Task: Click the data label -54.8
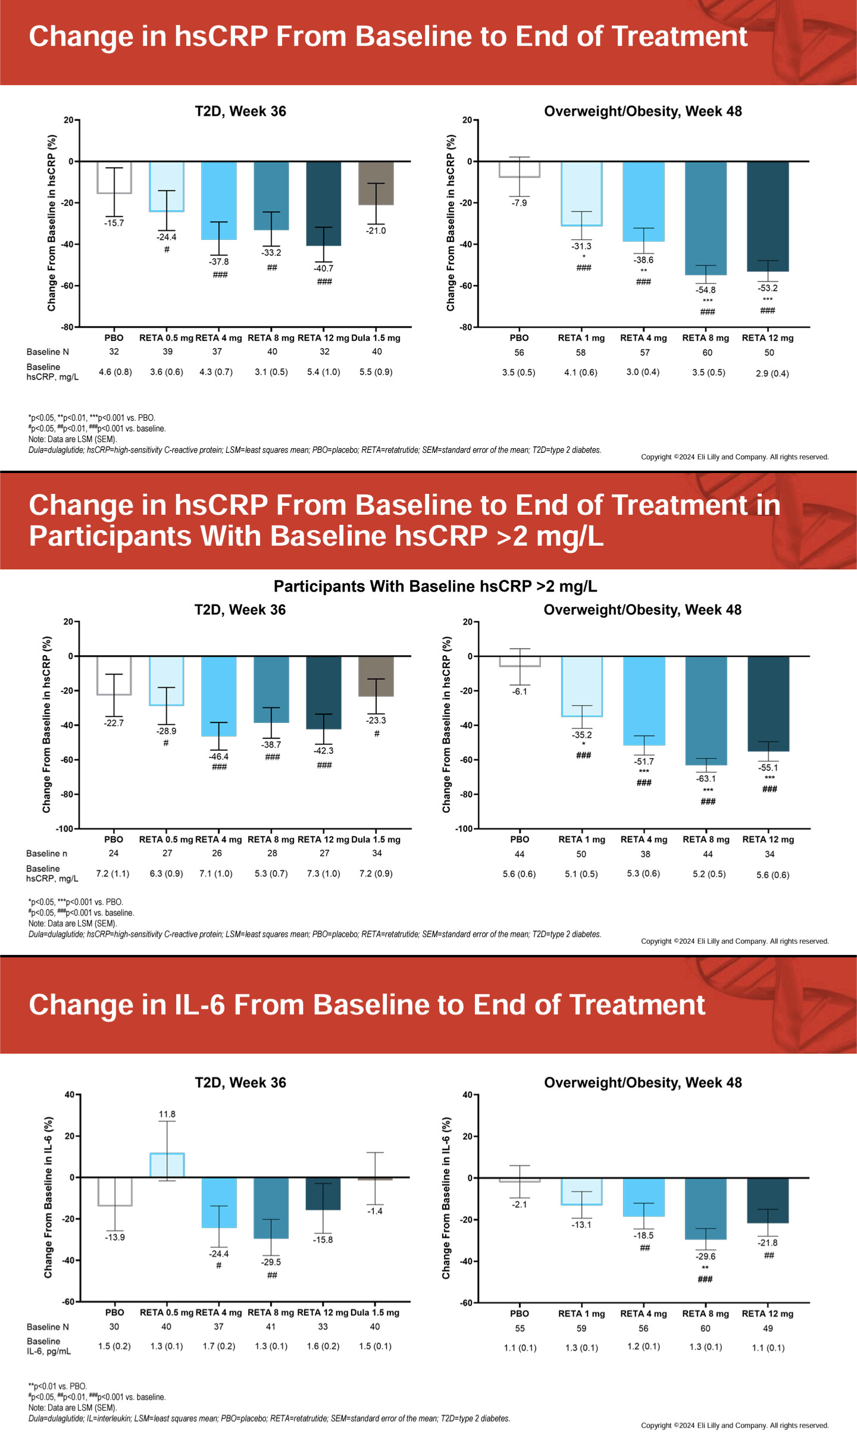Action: tap(705, 290)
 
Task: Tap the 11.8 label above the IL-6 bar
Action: tap(167, 1114)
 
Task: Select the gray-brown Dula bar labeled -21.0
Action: tap(376, 183)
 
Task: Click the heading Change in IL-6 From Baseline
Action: tap(367, 1005)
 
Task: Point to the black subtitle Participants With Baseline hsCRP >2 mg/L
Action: tap(435, 586)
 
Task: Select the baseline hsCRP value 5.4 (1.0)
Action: tap(323, 372)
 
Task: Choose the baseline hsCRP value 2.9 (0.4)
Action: tap(772, 374)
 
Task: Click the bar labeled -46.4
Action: tap(219, 696)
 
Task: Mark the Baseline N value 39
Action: tap(168, 352)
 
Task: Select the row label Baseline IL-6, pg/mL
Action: tap(49, 1346)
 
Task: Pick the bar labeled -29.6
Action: tap(705, 1209)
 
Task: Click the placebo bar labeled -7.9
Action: tap(520, 170)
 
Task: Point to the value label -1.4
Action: tap(375, 1211)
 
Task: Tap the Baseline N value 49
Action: tap(768, 1328)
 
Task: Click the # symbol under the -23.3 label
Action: tap(377, 734)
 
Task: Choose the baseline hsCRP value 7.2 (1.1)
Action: tap(112, 874)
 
